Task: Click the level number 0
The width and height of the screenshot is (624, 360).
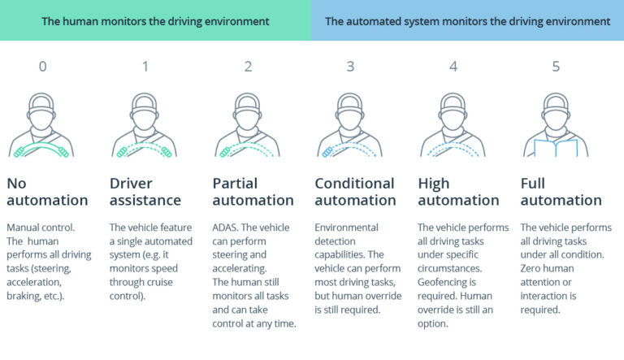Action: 42,67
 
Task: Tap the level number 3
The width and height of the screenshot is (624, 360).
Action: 350,67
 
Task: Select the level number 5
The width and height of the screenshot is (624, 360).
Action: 556,67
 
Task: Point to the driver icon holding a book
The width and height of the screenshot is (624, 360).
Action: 556,126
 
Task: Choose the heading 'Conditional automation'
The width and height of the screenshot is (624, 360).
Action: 355,192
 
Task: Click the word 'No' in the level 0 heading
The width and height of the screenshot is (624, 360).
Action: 16,184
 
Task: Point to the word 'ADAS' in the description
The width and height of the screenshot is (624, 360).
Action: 226,228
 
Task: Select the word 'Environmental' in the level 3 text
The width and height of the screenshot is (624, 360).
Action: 347,228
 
